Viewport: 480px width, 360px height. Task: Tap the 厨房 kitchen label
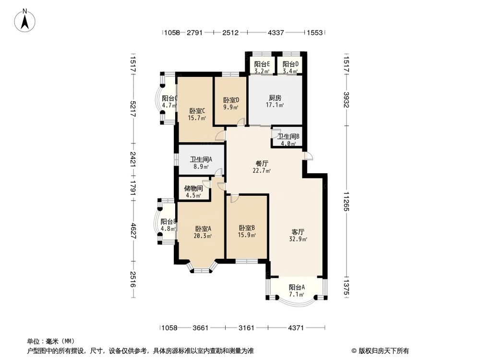275,97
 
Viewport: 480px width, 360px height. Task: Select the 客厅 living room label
298,231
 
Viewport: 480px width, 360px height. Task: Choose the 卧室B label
247,228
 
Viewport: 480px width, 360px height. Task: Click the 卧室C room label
197,110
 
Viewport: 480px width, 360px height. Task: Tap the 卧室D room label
231,100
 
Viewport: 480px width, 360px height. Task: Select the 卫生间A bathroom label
201,160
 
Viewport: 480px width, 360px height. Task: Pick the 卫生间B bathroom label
288,136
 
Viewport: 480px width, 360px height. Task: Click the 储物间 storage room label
193,188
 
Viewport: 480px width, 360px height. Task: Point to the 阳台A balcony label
297,288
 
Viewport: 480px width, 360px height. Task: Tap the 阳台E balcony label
262,64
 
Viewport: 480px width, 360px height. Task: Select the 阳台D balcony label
290,64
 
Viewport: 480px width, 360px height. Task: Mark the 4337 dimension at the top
276,33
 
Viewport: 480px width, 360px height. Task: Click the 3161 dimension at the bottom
246,328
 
